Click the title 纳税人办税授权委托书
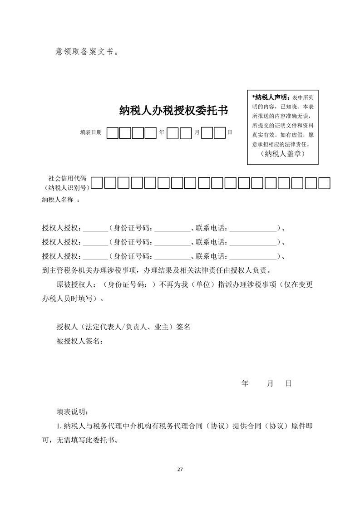pyautogui.click(x=173, y=111)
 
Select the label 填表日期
pyautogui.click(x=91, y=132)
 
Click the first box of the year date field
pyautogui.click(x=112, y=133)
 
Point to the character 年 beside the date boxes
pyautogui.click(x=162, y=132)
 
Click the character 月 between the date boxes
pyautogui.click(x=197, y=132)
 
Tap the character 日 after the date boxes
pyautogui.click(x=229, y=132)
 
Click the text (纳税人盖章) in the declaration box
pyautogui.click(x=283, y=154)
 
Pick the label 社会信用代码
pyautogui.click(x=67, y=178)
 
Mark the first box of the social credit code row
pyautogui.click(x=97, y=183)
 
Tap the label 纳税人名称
pyautogui.click(x=58, y=200)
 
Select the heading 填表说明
pyautogui.click(x=73, y=412)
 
